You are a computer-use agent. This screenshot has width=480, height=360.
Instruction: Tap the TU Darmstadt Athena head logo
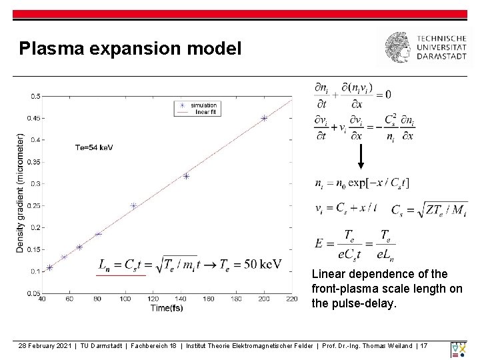click(x=399, y=47)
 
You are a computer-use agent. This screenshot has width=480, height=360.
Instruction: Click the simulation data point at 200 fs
click(x=264, y=119)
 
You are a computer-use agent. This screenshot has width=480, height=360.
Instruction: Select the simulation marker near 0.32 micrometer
click(x=186, y=176)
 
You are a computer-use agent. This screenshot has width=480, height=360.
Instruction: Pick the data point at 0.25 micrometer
click(x=133, y=206)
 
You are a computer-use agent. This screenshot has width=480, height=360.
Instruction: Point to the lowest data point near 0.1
click(x=49, y=268)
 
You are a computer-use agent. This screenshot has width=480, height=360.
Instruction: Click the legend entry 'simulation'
click(x=203, y=105)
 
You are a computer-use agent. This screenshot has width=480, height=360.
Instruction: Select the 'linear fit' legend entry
click(x=203, y=112)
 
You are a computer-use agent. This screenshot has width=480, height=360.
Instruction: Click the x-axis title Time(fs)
click(x=167, y=308)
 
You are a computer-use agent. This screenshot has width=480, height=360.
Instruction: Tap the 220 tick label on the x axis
click(x=291, y=299)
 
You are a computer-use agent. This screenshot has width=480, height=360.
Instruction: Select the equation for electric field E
click(x=355, y=244)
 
